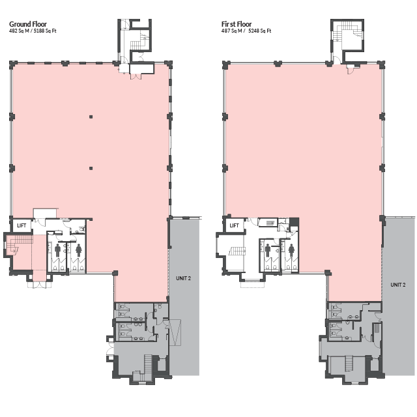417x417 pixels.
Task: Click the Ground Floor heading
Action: coord(28,24)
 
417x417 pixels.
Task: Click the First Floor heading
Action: coord(237,24)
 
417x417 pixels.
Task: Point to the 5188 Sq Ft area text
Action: coord(45,31)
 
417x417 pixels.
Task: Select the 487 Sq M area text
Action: coord(232,31)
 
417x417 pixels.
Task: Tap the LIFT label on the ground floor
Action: coord(22,225)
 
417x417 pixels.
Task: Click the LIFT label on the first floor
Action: coord(234,225)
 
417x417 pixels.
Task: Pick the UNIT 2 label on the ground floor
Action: coord(183,278)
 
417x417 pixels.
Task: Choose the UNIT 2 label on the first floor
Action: coord(398,285)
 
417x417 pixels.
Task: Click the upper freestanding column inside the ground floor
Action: coord(91,117)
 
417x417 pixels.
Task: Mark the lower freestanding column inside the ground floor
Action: coord(91,168)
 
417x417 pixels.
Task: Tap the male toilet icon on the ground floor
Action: coord(58,251)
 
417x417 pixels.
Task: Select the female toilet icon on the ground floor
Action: coord(78,251)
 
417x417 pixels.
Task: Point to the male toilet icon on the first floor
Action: coord(268,251)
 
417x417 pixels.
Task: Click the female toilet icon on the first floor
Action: coord(291,250)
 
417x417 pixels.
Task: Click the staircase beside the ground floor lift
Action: coord(20,244)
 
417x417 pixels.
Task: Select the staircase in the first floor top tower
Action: coord(347,31)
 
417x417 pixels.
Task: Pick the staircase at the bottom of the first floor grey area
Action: coord(349,364)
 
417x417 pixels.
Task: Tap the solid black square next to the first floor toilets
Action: coord(294,222)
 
